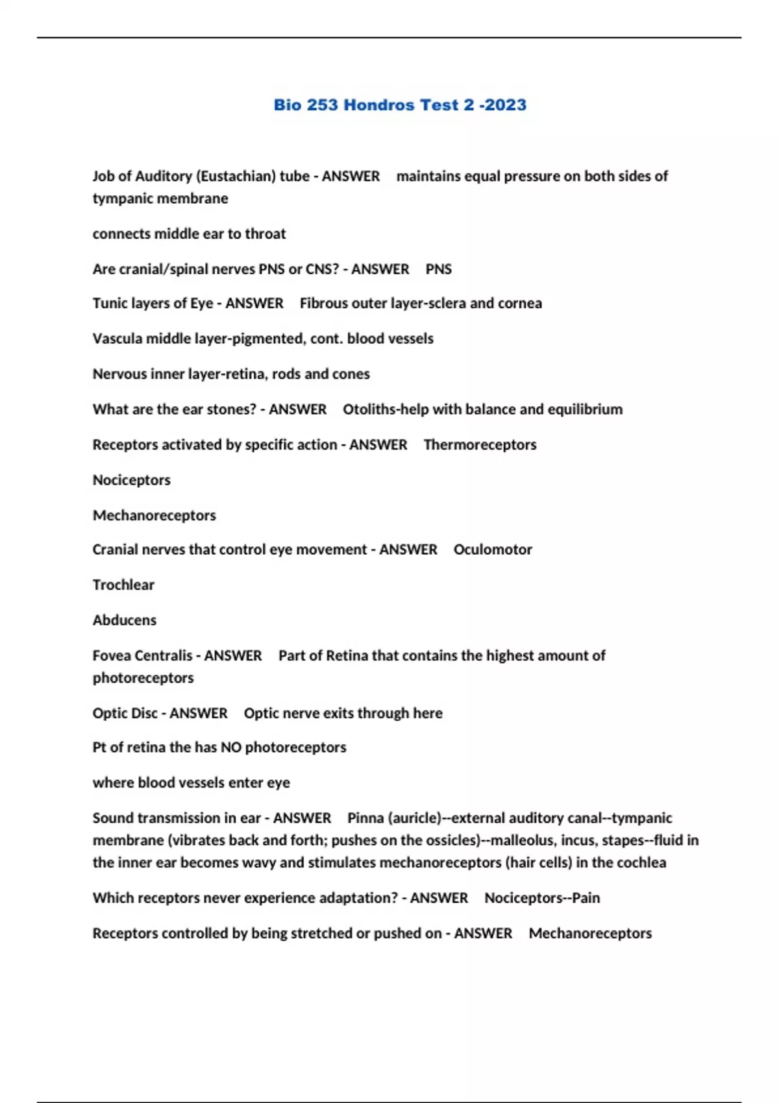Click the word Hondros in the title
(x=378, y=105)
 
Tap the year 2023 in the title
(x=504, y=105)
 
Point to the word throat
(x=265, y=234)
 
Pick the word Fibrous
(x=323, y=304)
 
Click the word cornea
(x=519, y=304)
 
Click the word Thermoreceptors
(x=480, y=445)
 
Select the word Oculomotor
(x=493, y=550)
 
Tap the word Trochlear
(x=123, y=585)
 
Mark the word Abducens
(x=125, y=620)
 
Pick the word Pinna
(x=365, y=818)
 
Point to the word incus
(x=577, y=841)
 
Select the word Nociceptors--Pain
(x=542, y=899)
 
